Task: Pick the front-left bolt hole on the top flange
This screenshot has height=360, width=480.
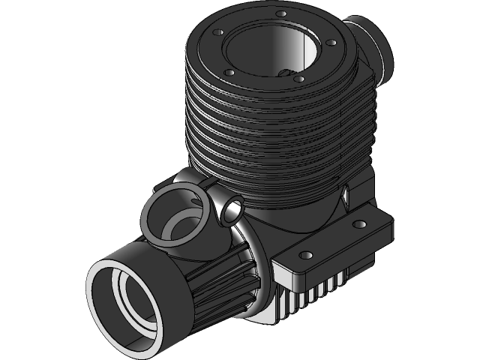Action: click(230, 72)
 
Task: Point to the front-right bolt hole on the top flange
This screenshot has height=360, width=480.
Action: click(298, 78)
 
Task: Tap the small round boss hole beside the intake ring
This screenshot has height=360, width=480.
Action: click(230, 210)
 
